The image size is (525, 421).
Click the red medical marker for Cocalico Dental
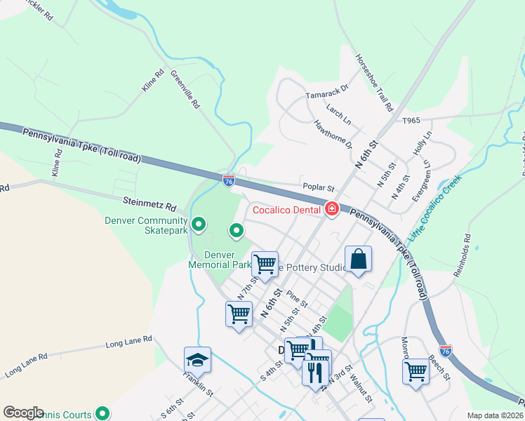coord(331,209)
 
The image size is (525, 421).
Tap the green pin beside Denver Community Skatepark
coord(199,225)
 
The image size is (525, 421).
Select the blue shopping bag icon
coord(358,259)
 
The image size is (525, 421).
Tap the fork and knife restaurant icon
coord(316,370)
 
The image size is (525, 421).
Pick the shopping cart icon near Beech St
coord(416,371)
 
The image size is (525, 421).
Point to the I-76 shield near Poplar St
coord(229,180)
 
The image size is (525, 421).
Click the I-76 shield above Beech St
coord(445,350)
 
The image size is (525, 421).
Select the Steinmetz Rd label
coord(149,205)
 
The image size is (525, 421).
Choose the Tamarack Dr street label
coord(326,93)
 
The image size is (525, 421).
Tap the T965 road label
coord(411,121)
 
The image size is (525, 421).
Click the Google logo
coord(24,412)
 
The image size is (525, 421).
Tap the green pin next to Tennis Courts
coord(102,414)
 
